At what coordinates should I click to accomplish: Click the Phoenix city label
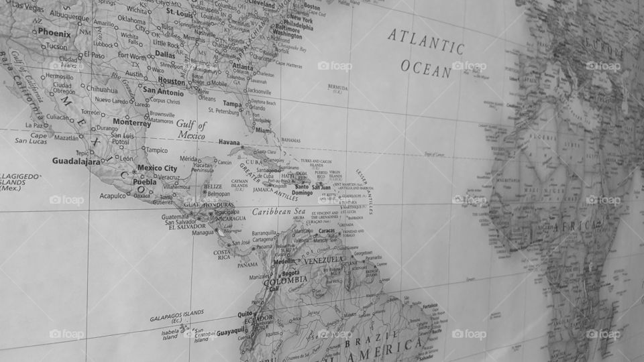54,32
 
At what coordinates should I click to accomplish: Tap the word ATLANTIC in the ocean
425,41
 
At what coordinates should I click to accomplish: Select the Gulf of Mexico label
192,129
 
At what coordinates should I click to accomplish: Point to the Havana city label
229,142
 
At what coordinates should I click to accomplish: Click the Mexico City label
157,168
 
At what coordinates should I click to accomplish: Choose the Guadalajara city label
76,161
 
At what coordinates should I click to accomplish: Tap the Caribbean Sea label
278,212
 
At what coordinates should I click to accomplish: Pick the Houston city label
171,82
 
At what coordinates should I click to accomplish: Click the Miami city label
264,131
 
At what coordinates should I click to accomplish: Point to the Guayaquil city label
219,331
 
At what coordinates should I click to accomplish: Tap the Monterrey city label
131,123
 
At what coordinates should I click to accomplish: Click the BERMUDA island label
337,88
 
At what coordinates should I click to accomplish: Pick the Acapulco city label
113,196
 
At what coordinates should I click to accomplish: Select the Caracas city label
327,231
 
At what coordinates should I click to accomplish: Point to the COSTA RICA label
222,254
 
